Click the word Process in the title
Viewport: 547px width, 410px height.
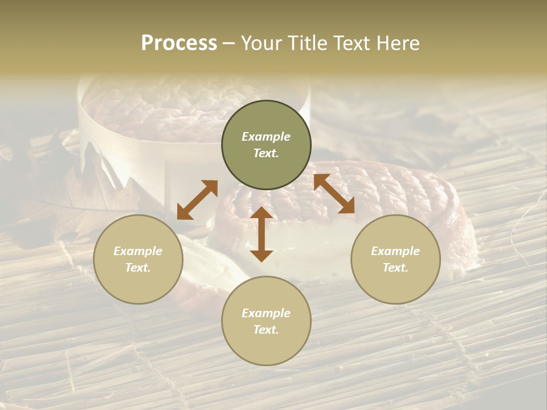[x=179, y=43]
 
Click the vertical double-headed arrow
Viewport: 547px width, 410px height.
[x=262, y=234]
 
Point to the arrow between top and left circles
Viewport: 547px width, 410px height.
[x=197, y=200]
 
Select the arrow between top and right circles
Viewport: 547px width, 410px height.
[x=334, y=194]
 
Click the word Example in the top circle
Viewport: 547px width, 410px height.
[x=266, y=137]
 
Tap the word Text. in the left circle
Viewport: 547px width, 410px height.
[x=138, y=268]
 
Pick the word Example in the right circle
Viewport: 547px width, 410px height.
[x=395, y=251]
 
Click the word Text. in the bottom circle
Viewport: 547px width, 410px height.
[x=266, y=330]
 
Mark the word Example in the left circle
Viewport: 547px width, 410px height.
[x=138, y=251]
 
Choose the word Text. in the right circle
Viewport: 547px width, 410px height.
[x=395, y=268]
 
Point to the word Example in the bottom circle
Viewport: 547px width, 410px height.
[x=266, y=313]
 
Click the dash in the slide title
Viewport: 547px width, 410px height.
[x=229, y=43]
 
